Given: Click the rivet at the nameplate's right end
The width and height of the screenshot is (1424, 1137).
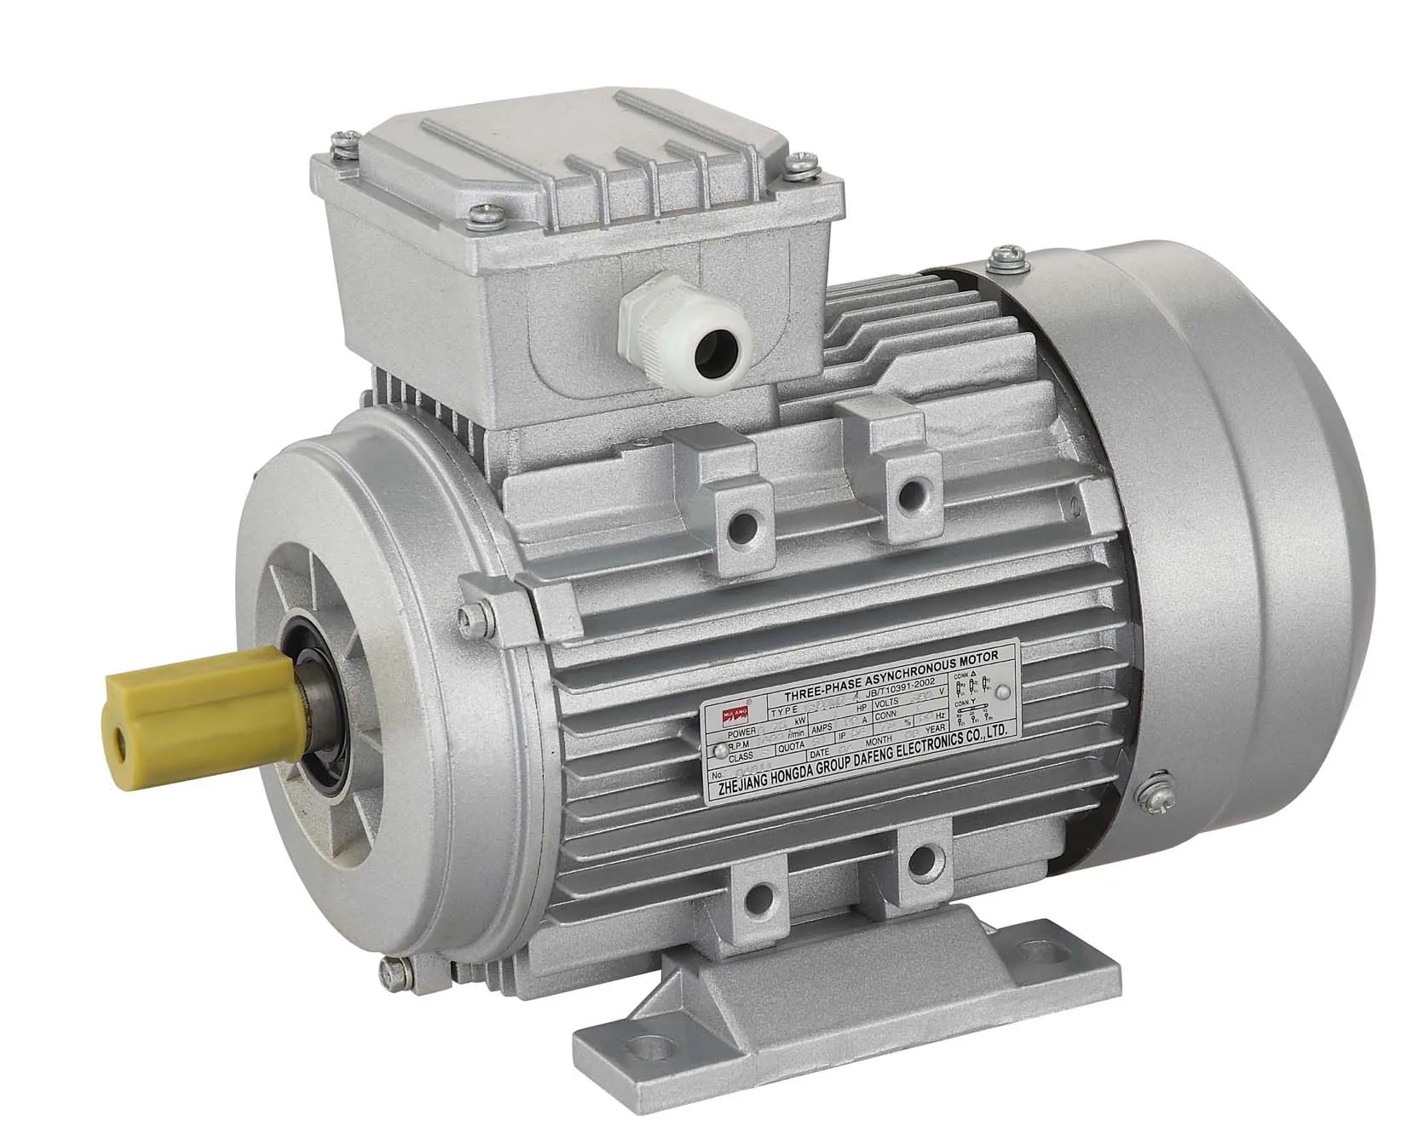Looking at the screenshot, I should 1002,692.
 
